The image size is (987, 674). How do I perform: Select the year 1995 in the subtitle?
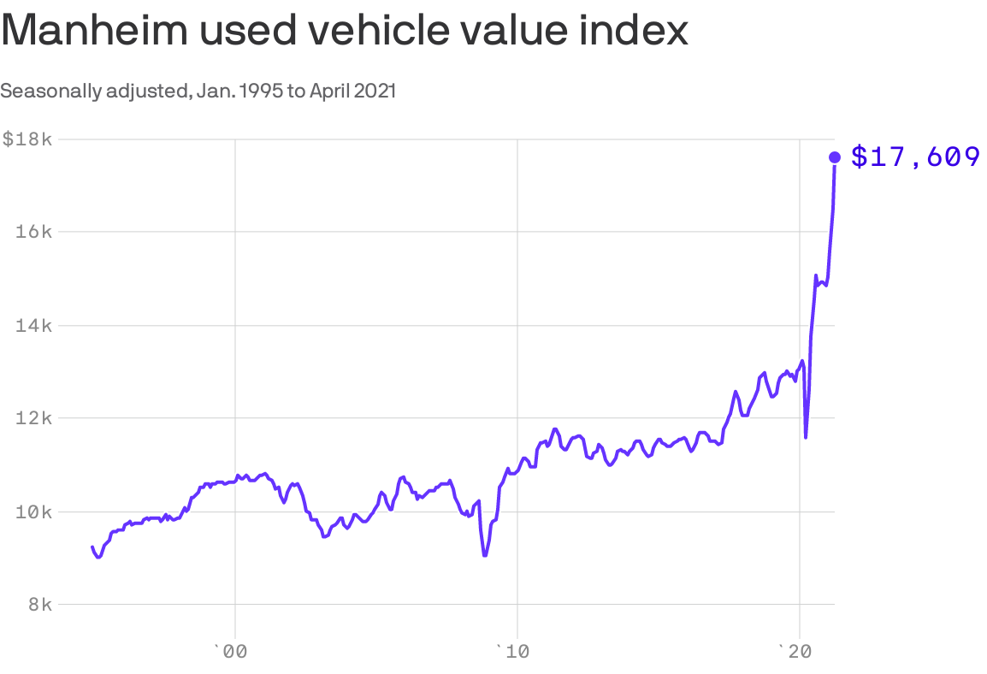click(263, 91)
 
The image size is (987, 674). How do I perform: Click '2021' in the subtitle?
click(375, 91)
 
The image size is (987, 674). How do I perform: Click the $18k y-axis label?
click(27, 139)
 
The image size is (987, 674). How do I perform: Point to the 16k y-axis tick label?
click(34, 232)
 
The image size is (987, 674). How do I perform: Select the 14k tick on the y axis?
click(34, 325)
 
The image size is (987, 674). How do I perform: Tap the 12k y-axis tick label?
click(34, 418)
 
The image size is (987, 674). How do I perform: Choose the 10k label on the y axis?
click(34, 511)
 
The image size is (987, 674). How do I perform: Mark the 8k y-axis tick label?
click(39, 605)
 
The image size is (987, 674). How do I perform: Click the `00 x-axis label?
click(229, 652)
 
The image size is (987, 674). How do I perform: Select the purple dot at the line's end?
click(835, 157)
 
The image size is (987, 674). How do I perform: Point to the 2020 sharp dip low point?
click(806, 438)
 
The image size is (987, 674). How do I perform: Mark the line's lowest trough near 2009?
click(485, 556)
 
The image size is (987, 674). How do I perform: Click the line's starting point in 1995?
click(92, 547)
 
